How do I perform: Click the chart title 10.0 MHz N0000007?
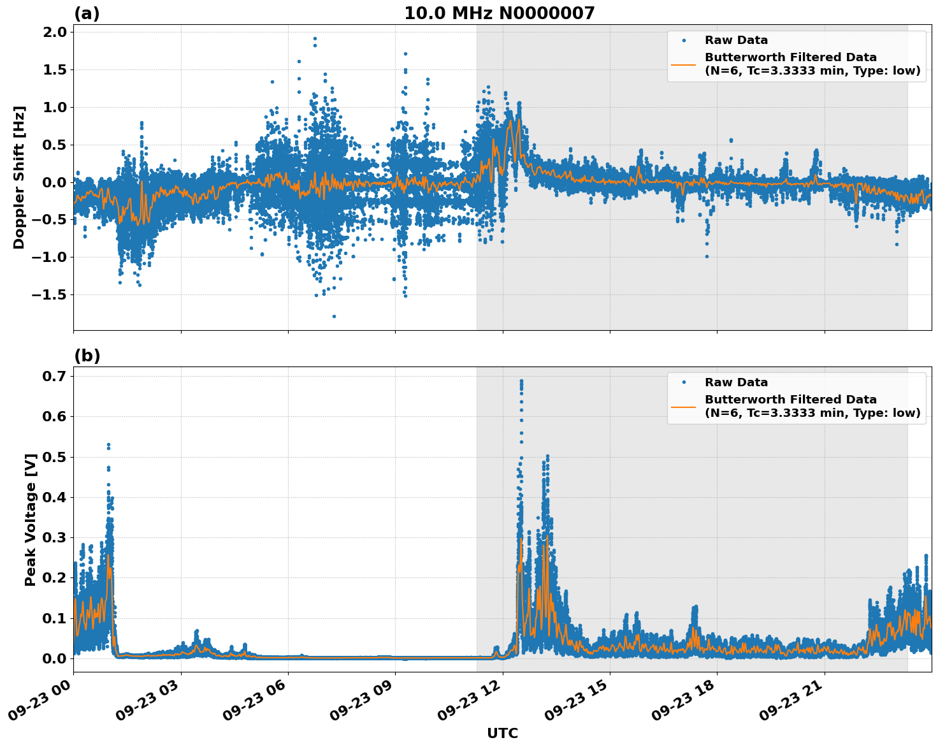point(499,13)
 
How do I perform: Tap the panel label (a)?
point(87,13)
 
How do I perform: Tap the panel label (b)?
point(87,356)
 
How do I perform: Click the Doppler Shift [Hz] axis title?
point(19,177)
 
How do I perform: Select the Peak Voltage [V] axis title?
point(30,519)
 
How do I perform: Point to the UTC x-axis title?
point(502,733)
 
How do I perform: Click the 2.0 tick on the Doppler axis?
point(54,33)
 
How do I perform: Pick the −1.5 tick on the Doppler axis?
point(49,295)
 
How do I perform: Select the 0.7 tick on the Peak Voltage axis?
point(54,376)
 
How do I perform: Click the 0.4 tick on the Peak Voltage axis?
point(54,497)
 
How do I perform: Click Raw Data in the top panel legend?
point(736,40)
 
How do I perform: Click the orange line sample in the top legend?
point(684,64)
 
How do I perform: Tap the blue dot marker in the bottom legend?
point(684,382)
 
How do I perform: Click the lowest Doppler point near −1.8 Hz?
point(334,316)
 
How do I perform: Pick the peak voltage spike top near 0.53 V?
point(108,444)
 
